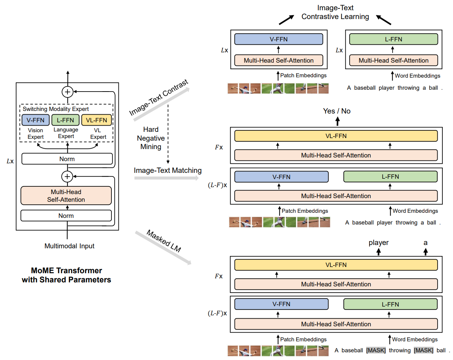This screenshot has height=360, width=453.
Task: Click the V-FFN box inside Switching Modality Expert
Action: point(35,120)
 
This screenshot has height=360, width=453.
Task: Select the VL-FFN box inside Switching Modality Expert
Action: point(96,120)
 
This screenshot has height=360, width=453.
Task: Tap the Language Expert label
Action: point(66,133)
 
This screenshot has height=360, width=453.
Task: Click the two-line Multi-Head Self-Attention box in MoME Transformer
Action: point(66,196)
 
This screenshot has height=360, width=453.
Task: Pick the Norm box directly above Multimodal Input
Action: point(66,215)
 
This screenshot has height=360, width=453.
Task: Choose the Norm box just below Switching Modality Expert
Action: point(67,159)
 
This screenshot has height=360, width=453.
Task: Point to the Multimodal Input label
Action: point(69,246)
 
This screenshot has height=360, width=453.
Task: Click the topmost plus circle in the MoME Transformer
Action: point(67,92)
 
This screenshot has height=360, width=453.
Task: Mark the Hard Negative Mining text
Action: point(151,138)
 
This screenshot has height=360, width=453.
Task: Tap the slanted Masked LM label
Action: point(164,241)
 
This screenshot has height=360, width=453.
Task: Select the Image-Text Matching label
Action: point(168,170)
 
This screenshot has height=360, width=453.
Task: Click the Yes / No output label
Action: point(336,111)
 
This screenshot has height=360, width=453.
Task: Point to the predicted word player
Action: point(379,242)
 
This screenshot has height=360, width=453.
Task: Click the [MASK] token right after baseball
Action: point(376,350)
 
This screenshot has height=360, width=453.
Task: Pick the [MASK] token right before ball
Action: point(424,350)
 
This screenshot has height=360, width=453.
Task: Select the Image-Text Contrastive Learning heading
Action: point(335,12)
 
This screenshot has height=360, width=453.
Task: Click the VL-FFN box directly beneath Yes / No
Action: point(336,136)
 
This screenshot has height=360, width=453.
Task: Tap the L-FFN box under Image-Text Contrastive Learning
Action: point(393,39)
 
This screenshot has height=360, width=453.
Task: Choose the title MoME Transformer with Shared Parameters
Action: point(66,275)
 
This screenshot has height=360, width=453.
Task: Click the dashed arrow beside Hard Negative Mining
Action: point(168,134)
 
